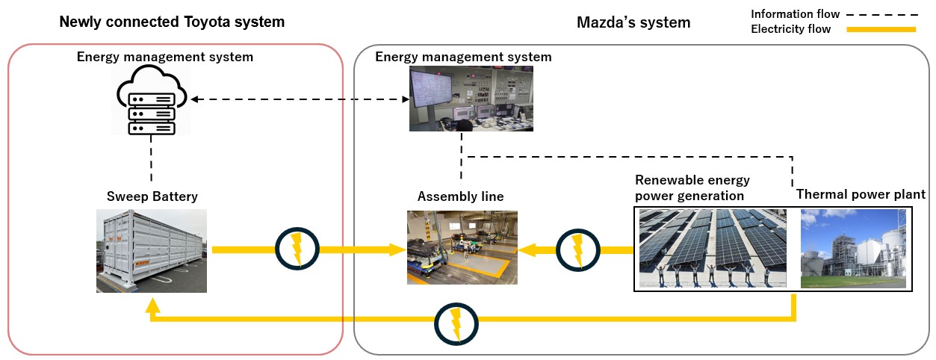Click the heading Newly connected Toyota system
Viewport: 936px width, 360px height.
click(x=172, y=22)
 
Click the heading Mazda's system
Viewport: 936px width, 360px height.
click(x=633, y=22)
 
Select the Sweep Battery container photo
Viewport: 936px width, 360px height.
click(x=152, y=250)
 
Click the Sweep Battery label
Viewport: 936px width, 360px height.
click(x=151, y=196)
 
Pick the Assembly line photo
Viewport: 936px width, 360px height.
click(x=462, y=247)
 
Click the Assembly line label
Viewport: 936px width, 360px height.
click(x=460, y=197)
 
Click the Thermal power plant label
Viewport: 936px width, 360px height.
click(x=861, y=194)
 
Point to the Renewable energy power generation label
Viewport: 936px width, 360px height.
click(x=692, y=188)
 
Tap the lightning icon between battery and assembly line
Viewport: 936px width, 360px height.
click(x=297, y=249)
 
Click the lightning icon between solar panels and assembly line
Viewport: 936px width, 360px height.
click(x=576, y=249)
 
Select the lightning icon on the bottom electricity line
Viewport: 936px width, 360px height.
click(x=455, y=323)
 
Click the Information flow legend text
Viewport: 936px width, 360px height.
click(x=795, y=13)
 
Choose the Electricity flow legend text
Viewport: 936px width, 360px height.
click(x=790, y=29)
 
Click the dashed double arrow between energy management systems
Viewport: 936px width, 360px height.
click(x=298, y=99)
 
